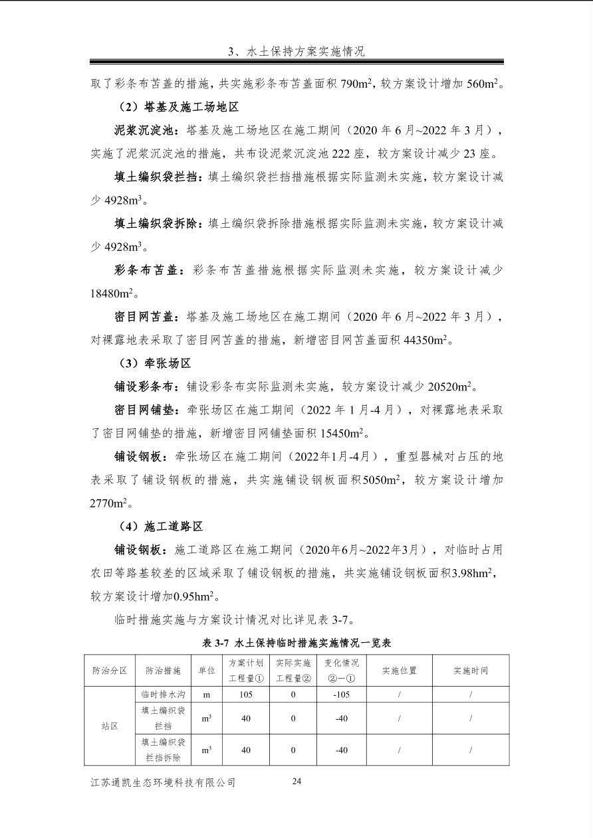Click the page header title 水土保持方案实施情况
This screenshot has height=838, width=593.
click(296, 51)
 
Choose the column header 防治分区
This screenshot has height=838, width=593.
click(109, 670)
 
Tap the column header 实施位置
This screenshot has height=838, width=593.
click(399, 670)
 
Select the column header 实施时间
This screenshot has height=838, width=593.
click(471, 670)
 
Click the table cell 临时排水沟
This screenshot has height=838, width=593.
click(163, 695)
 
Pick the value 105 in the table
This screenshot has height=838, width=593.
click(245, 695)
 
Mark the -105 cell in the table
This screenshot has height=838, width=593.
click(341, 695)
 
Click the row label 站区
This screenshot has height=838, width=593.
click(109, 726)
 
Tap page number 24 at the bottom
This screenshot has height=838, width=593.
click(296, 781)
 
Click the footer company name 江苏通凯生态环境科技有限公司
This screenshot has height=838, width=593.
click(163, 783)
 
